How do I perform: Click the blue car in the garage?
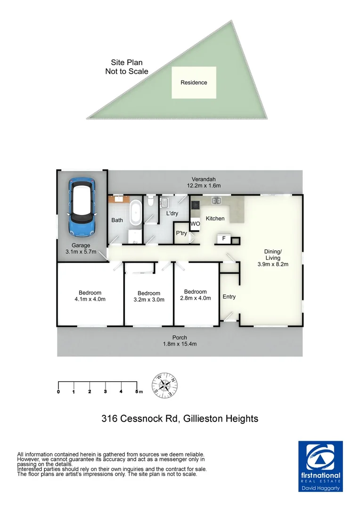(83, 207)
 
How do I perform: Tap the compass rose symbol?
(165, 384)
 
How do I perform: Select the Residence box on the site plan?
(194, 82)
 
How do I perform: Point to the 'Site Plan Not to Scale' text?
(126, 67)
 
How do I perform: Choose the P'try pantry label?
(181, 233)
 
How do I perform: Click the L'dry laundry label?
(172, 213)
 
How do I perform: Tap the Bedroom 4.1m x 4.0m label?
(90, 296)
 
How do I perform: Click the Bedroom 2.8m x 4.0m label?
(196, 295)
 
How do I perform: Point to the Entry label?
(229, 297)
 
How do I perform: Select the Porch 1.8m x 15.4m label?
(180, 341)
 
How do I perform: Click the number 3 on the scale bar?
(106, 392)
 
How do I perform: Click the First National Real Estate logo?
(321, 467)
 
